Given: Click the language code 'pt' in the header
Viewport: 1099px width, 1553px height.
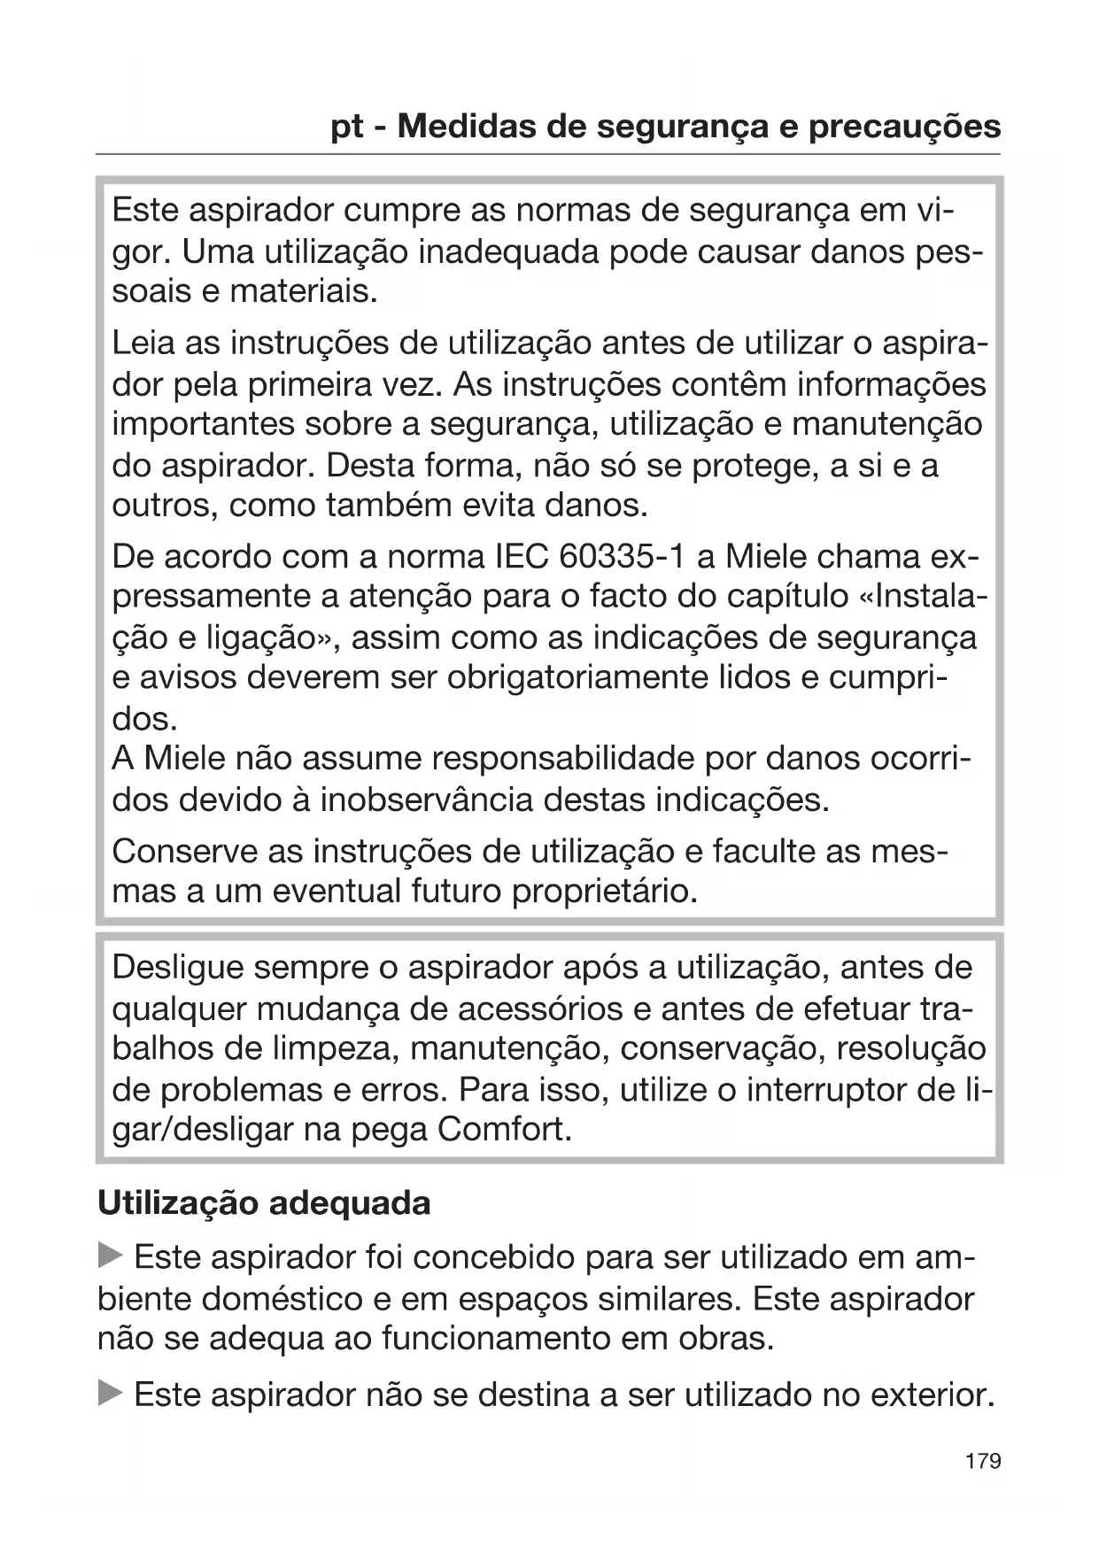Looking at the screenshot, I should pyautogui.click(x=346, y=128).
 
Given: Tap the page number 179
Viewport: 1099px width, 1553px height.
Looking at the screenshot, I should pyautogui.click(x=983, y=1460).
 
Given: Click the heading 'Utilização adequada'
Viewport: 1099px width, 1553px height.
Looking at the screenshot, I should pyautogui.click(x=264, y=1203).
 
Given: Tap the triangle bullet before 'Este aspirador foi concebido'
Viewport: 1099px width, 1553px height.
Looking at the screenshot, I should pyautogui.click(x=110, y=1256).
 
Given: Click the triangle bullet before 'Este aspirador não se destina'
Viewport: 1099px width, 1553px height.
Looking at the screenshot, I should pyautogui.click(x=110, y=1395).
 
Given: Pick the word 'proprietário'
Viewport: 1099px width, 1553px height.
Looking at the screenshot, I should pyautogui.click(x=605, y=891).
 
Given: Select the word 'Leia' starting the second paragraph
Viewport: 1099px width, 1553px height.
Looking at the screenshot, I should pyautogui.click(x=143, y=343).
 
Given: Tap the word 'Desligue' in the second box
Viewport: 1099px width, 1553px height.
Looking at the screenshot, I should pyautogui.click(x=177, y=968).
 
